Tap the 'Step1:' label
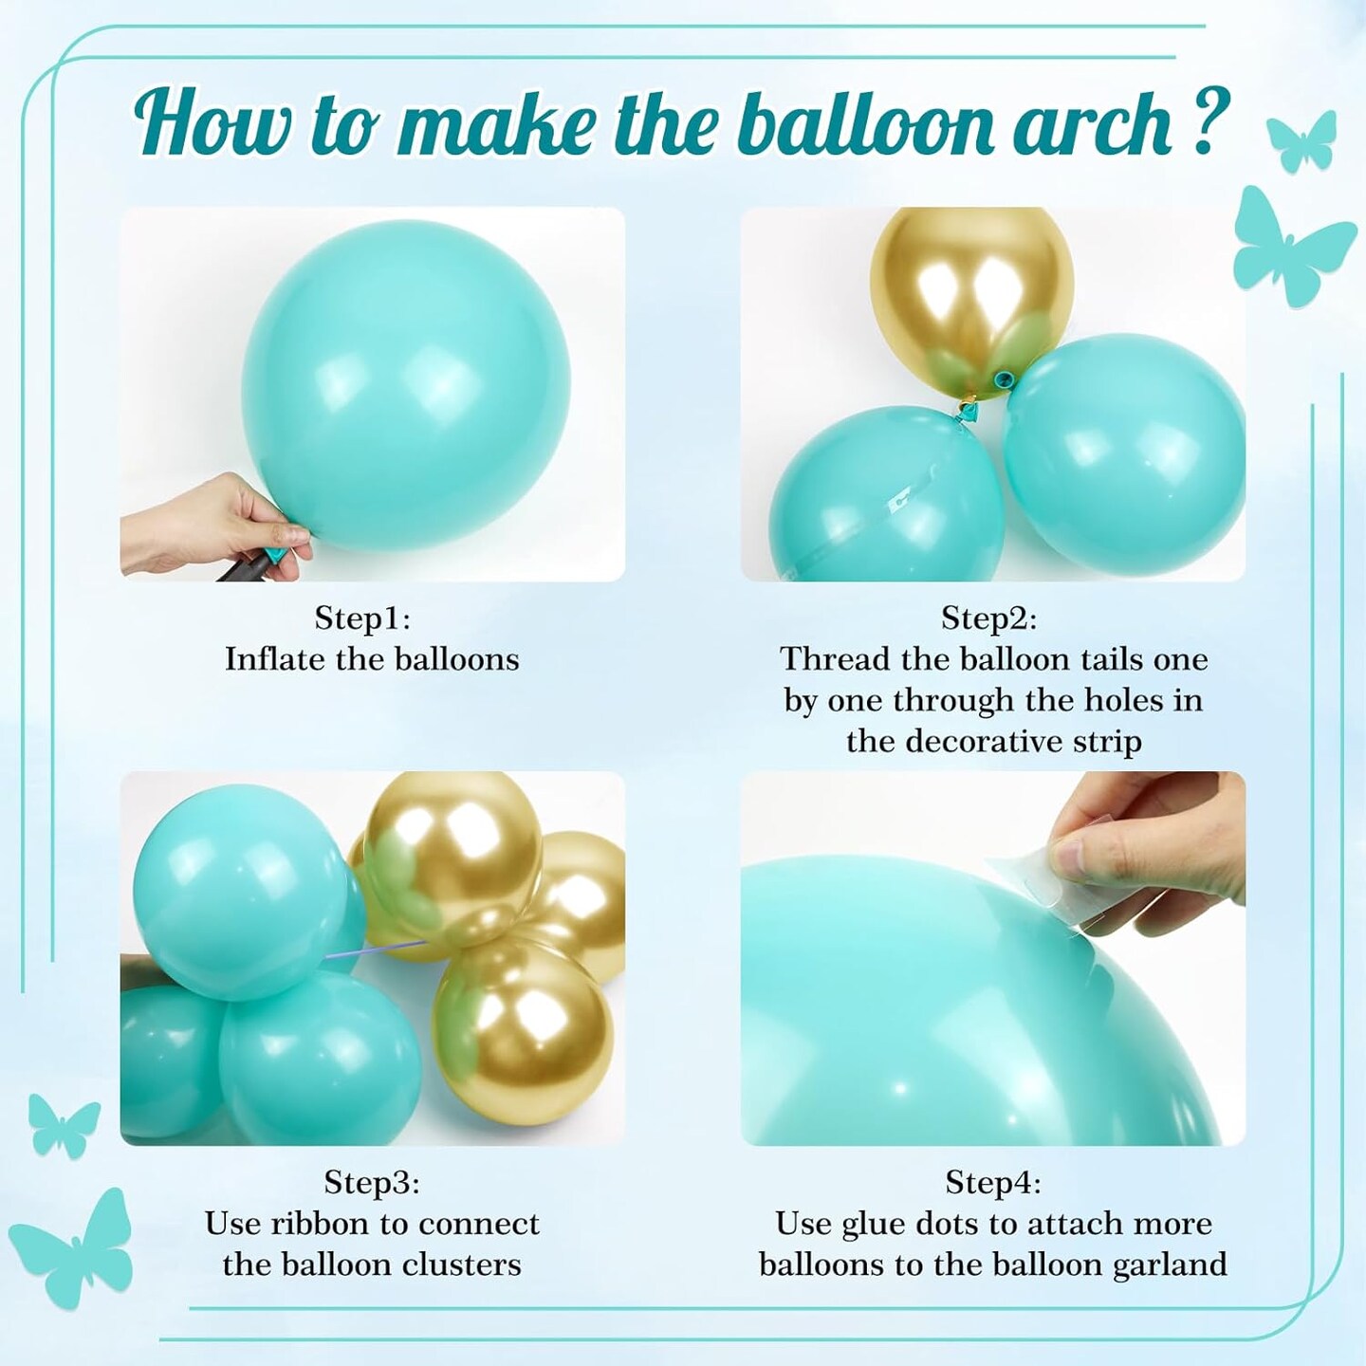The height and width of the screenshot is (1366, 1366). [x=362, y=619]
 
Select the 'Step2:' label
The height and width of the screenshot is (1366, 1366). [x=988, y=619]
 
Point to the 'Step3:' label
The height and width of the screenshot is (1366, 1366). [x=372, y=1182]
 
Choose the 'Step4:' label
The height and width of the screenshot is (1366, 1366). [x=993, y=1182]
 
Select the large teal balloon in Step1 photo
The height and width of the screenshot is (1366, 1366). [x=405, y=385]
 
